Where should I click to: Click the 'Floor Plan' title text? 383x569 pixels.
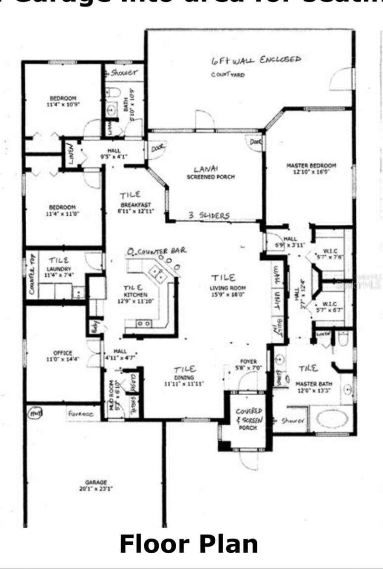click(x=189, y=544)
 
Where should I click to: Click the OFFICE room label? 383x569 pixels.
click(x=63, y=356)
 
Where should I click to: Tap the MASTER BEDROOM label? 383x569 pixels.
click(x=311, y=168)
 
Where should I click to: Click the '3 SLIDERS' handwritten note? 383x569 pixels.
click(x=209, y=215)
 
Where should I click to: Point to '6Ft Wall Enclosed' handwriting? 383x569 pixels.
click(x=255, y=60)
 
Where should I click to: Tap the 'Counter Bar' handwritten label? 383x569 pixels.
click(x=157, y=251)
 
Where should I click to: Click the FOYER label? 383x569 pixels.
click(x=246, y=364)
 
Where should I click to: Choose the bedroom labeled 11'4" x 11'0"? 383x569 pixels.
click(x=62, y=210)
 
